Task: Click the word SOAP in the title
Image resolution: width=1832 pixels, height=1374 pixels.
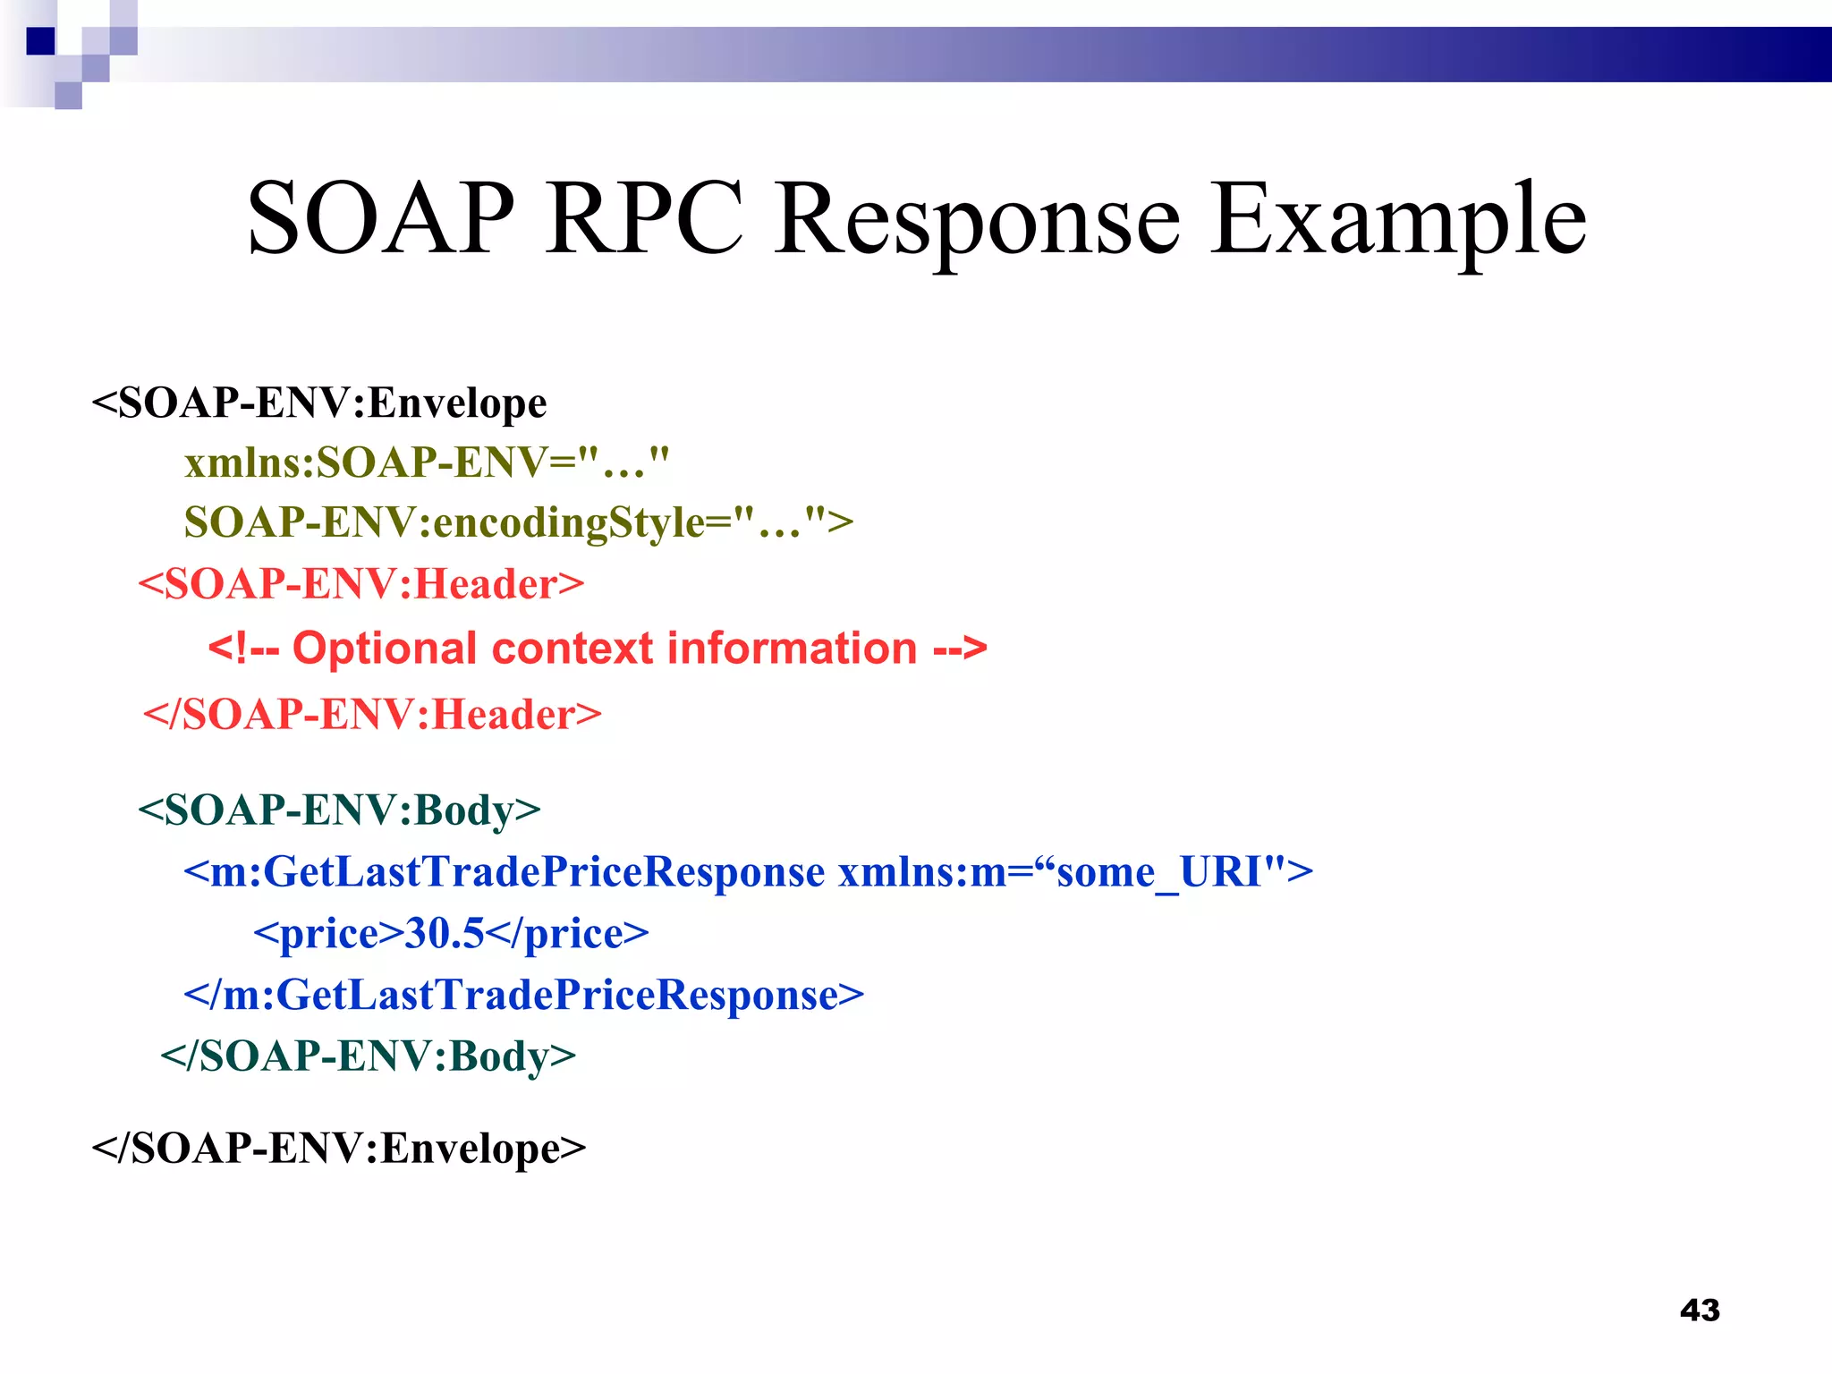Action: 380,219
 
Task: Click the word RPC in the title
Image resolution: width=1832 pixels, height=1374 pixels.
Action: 644,219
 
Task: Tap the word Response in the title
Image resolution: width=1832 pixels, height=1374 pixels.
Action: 977,219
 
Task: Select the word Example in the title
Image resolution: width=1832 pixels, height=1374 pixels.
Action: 1398,219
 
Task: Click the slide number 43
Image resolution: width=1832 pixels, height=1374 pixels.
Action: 1700,1310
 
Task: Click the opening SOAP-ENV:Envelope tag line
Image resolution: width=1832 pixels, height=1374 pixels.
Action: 319,403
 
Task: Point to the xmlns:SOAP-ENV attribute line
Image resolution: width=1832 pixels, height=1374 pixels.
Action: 427,463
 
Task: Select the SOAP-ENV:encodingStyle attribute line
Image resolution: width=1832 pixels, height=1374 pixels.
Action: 519,522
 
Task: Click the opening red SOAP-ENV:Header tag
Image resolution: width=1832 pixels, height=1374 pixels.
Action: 361,584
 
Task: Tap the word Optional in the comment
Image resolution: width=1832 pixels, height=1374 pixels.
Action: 385,649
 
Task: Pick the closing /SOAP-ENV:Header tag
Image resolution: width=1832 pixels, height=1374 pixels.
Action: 372,715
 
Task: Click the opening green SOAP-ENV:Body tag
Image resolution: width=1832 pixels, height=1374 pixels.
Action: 340,810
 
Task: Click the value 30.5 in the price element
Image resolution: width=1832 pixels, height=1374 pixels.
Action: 445,934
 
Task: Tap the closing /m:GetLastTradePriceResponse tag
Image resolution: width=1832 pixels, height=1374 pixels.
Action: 524,995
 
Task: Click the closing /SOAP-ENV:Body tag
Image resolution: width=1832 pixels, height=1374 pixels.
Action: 369,1056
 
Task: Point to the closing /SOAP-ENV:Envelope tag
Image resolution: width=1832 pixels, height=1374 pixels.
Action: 339,1149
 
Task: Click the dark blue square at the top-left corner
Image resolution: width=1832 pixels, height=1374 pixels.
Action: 40,41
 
